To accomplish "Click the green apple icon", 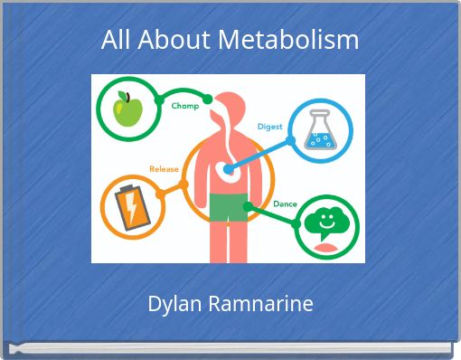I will (x=126, y=109).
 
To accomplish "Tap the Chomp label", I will (x=185, y=106).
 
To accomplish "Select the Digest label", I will (x=270, y=126).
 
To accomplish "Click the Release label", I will (x=164, y=168).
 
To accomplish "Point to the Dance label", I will (x=285, y=204).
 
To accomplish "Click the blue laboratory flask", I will (x=319, y=132).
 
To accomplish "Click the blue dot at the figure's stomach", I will (x=226, y=170).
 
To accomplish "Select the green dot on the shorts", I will (x=246, y=205).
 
